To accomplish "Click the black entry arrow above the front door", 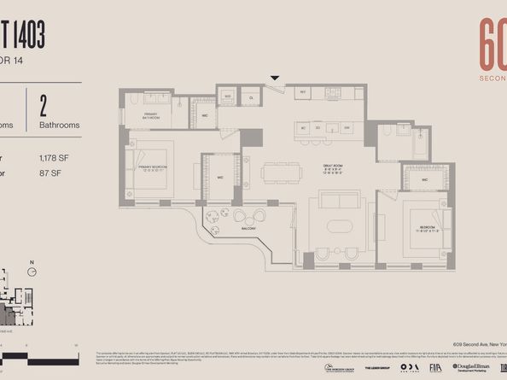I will pos(275,79).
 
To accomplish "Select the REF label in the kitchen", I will pos(302,92).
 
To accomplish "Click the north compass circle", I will pos(32,272).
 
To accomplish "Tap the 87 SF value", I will pos(49,172).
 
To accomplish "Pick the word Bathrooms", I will pos(60,125).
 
